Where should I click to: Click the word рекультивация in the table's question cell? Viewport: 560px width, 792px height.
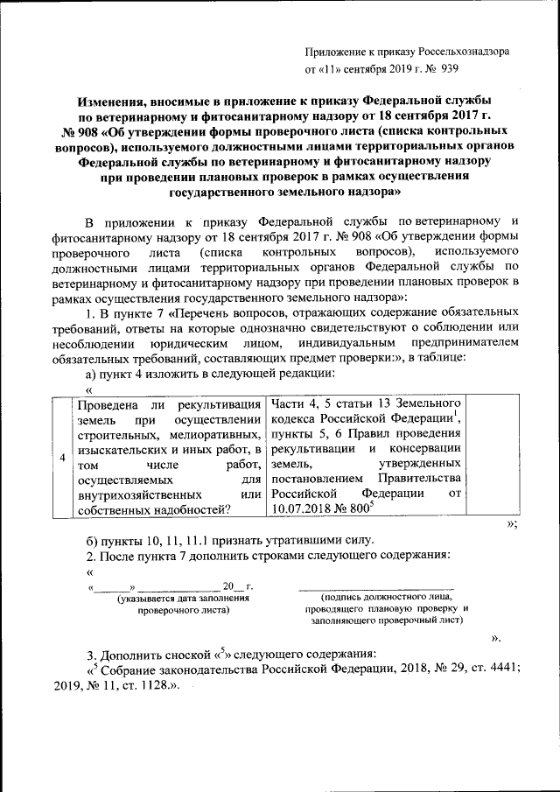pos(219,404)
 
